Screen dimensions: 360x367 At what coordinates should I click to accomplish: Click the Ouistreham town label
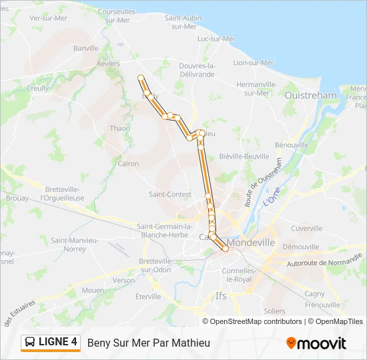[x=311, y=95]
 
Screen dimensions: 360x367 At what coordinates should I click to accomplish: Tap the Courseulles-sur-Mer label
[x=117, y=16]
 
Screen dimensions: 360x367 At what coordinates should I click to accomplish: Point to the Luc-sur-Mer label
[x=217, y=39]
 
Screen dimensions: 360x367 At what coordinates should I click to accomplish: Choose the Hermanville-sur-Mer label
[x=256, y=89]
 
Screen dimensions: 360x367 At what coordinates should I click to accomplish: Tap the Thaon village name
[x=120, y=128]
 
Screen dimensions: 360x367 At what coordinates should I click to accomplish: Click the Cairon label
[x=128, y=163]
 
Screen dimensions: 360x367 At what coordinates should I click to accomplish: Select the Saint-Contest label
[x=170, y=195]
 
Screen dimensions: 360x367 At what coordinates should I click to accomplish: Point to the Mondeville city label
[x=251, y=243]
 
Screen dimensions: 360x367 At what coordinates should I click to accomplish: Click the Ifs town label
[x=222, y=295]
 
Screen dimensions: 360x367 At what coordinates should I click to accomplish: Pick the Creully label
[x=38, y=88]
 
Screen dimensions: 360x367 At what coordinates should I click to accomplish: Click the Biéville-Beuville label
[x=244, y=156]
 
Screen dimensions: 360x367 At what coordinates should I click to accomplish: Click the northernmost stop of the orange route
[x=141, y=78]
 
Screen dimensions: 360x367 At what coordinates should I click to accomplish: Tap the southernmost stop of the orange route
[x=226, y=249]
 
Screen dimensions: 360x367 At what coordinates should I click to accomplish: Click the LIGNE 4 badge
[x=51, y=342]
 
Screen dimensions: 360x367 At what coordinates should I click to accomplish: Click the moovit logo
[x=316, y=343]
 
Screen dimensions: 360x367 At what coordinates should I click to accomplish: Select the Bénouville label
[x=292, y=145]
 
